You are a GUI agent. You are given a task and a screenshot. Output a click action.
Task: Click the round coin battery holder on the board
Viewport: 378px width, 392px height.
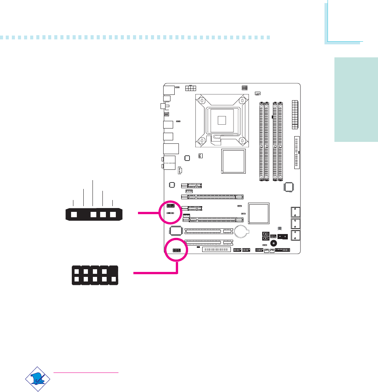pos(241,231)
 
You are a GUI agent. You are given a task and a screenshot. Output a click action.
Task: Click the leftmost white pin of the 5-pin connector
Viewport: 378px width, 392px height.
pos(74,214)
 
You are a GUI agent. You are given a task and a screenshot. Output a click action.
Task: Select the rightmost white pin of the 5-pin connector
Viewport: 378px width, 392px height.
pos(112,214)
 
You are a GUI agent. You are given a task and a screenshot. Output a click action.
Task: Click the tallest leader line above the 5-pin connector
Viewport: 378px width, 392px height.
pos(93,193)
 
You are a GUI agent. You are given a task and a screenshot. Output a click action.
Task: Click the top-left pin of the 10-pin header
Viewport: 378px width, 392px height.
pos(76,271)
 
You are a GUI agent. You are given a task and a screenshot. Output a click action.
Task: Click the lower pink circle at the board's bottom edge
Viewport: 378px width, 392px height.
pos(176,250)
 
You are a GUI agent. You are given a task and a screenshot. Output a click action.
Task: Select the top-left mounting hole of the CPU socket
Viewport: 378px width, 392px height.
pos(201,101)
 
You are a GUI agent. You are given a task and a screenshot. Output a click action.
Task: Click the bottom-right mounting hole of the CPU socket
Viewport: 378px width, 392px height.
pos(242,140)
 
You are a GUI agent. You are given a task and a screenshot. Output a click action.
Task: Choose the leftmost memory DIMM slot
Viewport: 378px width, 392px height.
pos(262,140)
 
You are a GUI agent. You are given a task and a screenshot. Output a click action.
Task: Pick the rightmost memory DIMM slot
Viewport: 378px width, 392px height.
pos(281,140)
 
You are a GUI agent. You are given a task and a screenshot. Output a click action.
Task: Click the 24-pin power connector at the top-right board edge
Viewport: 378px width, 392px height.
pos(294,115)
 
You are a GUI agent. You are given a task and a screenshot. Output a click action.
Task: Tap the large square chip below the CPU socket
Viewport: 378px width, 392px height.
pos(233,161)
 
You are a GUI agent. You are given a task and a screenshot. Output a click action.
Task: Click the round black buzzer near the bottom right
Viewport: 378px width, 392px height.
pos(274,243)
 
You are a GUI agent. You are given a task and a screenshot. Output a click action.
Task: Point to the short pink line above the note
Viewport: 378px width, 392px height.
pos(86,372)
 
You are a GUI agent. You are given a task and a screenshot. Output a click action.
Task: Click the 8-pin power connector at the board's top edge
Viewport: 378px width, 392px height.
pos(190,88)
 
